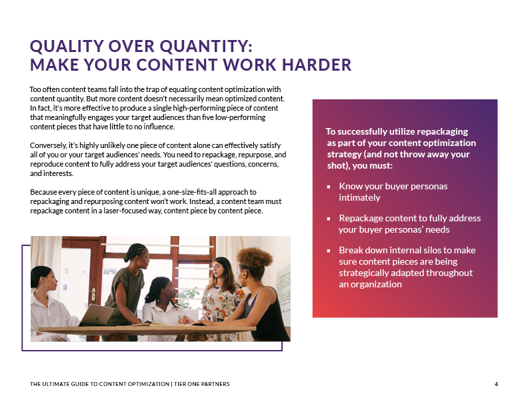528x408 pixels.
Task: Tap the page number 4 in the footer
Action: [x=496, y=383]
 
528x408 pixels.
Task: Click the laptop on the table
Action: [x=97, y=314]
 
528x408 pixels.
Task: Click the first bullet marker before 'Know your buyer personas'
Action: [x=329, y=186]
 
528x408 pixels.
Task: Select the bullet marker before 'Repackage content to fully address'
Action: [x=329, y=219]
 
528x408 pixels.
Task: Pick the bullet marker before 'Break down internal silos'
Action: [x=329, y=251]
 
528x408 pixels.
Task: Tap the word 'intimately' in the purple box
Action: [x=359, y=197]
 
